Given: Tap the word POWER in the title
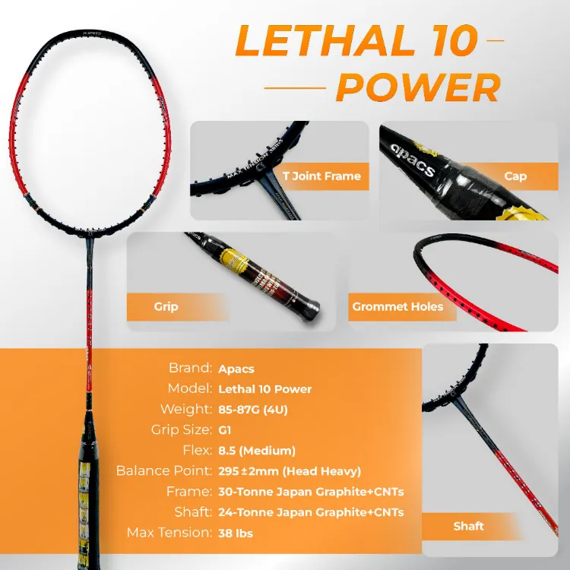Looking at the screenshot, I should click(x=418, y=88).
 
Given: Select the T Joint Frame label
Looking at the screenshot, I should click(x=321, y=176).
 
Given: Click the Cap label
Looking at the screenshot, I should click(x=515, y=176).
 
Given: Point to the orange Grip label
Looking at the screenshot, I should click(x=166, y=306).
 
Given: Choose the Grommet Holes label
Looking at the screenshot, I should click(x=397, y=307).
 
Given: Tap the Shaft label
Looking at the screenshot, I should click(x=468, y=526).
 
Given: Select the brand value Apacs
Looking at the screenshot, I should click(x=236, y=368).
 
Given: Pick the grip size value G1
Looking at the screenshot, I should click(x=225, y=430).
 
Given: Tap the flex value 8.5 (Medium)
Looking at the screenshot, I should click(x=257, y=451).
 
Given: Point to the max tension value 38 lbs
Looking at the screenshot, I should click(x=236, y=533).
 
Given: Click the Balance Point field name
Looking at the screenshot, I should click(x=163, y=470).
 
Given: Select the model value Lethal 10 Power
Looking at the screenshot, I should click(x=264, y=389).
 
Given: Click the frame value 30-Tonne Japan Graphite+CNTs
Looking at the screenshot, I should click(x=311, y=492).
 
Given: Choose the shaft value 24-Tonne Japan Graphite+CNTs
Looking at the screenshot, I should click(x=311, y=512).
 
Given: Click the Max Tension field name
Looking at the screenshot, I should click(x=169, y=532).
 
